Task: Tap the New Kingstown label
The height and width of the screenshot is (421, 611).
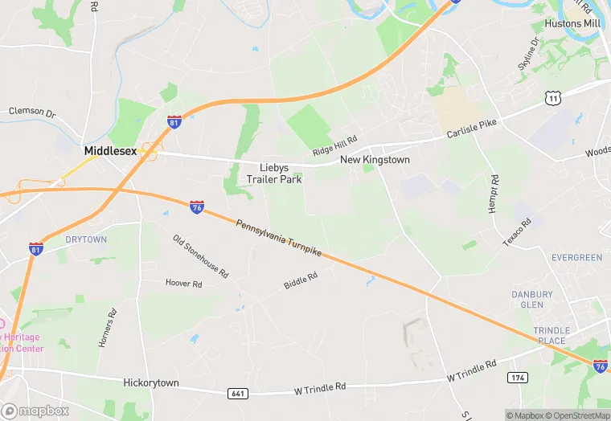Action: click(x=375, y=160)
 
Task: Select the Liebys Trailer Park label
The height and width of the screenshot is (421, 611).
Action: click(x=274, y=174)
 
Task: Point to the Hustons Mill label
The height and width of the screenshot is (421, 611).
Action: click(x=572, y=24)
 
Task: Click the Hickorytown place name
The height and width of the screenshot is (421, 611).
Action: click(x=151, y=382)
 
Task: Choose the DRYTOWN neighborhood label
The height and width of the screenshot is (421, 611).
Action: click(x=86, y=239)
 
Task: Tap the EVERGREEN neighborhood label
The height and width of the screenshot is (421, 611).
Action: click(x=576, y=258)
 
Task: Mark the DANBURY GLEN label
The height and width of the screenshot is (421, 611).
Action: click(x=532, y=300)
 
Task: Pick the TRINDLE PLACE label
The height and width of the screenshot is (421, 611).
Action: click(x=552, y=336)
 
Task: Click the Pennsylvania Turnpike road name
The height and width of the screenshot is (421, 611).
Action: click(x=278, y=237)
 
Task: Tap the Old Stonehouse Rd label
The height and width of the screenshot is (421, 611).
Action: click(x=200, y=255)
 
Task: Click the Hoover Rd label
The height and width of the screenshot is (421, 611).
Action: click(x=183, y=283)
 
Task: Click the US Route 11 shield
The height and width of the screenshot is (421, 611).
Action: click(x=552, y=98)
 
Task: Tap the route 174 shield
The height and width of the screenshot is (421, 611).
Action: click(x=517, y=377)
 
